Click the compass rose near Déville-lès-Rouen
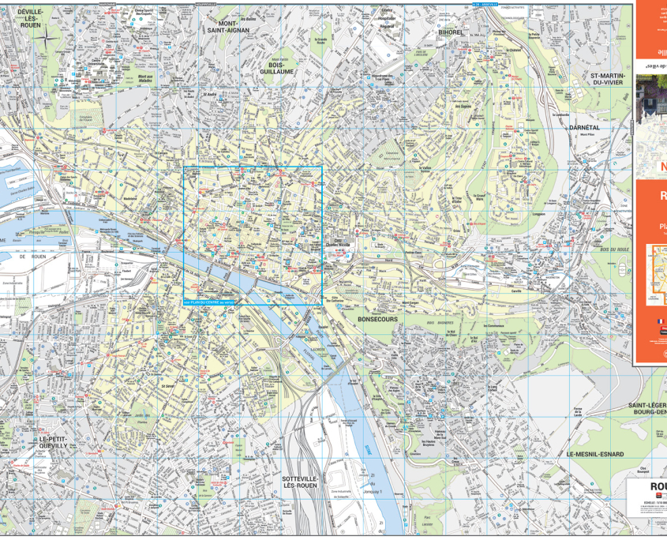pos(49,36)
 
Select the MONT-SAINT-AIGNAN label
pos(228,28)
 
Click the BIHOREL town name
pos(451,33)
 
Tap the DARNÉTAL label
pos(585,127)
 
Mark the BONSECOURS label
pos(377,320)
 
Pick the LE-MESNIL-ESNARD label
pos(594,455)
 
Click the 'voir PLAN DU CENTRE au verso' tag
pos(208,302)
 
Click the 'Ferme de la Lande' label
pos(579,411)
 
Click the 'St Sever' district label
pos(168,386)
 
